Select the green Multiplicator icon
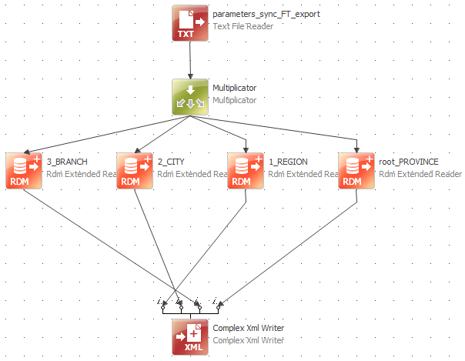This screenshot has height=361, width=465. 190,97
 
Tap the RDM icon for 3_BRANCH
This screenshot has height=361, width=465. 24,170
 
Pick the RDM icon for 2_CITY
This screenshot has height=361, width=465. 135,170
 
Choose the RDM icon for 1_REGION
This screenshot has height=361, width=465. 246,170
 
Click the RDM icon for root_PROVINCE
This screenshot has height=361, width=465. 356,170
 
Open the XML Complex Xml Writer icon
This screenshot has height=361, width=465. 190,336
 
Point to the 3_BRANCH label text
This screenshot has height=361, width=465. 67,162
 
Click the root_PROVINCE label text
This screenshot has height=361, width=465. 409,162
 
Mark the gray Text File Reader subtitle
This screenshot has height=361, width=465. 243,26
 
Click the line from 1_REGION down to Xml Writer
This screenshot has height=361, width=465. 223,246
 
